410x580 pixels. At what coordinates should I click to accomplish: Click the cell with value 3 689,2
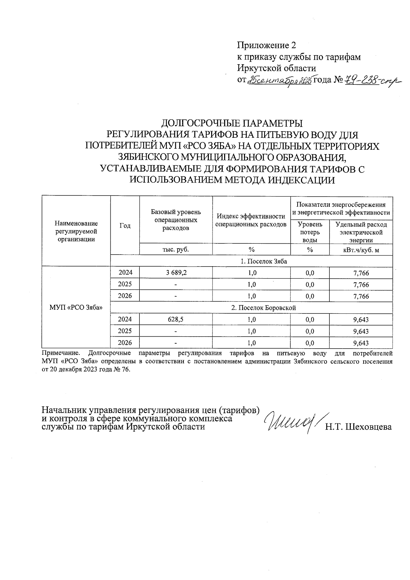[176, 273]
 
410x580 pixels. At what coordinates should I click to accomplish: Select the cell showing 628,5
[176, 320]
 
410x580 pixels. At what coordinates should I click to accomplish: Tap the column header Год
[125, 226]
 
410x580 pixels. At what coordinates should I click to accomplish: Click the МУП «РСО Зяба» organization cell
[76, 308]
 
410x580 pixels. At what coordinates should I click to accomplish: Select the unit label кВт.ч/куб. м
[361, 250]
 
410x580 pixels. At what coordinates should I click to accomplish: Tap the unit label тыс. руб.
[176, 249]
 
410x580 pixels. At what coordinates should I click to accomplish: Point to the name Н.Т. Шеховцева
[358, 427]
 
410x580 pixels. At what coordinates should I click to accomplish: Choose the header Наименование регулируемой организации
[76, 231]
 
